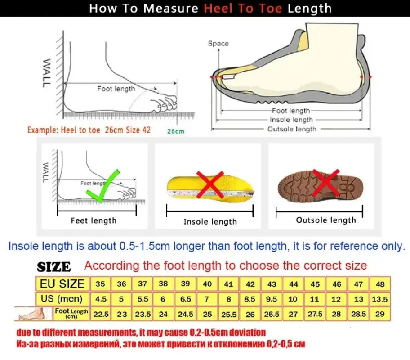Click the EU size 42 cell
tap(250, 284)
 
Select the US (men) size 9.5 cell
tap(272, 299)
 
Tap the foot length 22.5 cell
tap(100, 314)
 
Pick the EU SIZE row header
tap(62, 284)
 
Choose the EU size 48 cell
tap(380, 284)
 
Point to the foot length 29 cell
tap(380, 314)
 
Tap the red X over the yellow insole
tap(209, 184)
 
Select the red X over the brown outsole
tap(326, 183)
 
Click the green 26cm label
tap(176, 131)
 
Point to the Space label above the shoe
tap(218, 44)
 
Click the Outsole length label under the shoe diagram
tap(292, 129)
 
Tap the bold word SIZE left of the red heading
tap(54, 267)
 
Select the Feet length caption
tap(94, 220)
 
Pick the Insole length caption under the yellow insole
tap(210, 221)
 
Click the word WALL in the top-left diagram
tap(47, 73)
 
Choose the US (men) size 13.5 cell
tap(380, 299)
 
